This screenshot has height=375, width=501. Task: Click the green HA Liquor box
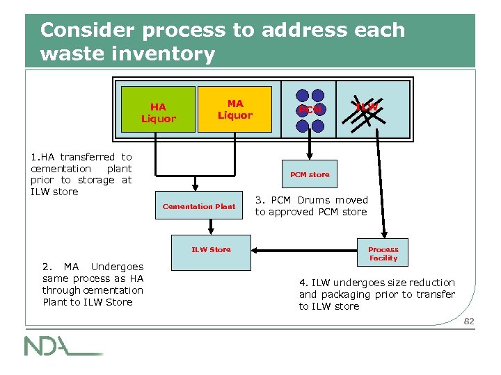(x=159, y=112)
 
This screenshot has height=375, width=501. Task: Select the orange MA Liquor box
(x=234, y=109)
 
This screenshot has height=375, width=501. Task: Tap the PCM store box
(x=310, y=174)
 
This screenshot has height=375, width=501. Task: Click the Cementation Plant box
(x=199, y=206)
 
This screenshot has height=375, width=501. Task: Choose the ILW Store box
(x=211, y=253)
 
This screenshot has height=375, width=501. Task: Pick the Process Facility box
(x=383, y=253)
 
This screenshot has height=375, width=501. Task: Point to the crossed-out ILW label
(x=367, y=108)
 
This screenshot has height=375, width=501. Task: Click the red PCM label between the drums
(x=310, y=110)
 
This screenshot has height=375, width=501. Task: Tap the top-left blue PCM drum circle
(x=303, y=96)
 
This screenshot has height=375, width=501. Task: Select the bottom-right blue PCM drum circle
(x=318, y=126)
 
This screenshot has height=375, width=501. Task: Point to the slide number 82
(x=468, y=321)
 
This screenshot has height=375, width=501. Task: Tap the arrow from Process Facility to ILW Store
(x=306, y=249)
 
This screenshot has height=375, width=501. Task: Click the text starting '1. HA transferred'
(x=81, y=174)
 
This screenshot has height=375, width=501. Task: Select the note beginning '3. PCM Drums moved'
(x=311, y=206)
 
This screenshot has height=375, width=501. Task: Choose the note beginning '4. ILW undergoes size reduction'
(x=376, y=294)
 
